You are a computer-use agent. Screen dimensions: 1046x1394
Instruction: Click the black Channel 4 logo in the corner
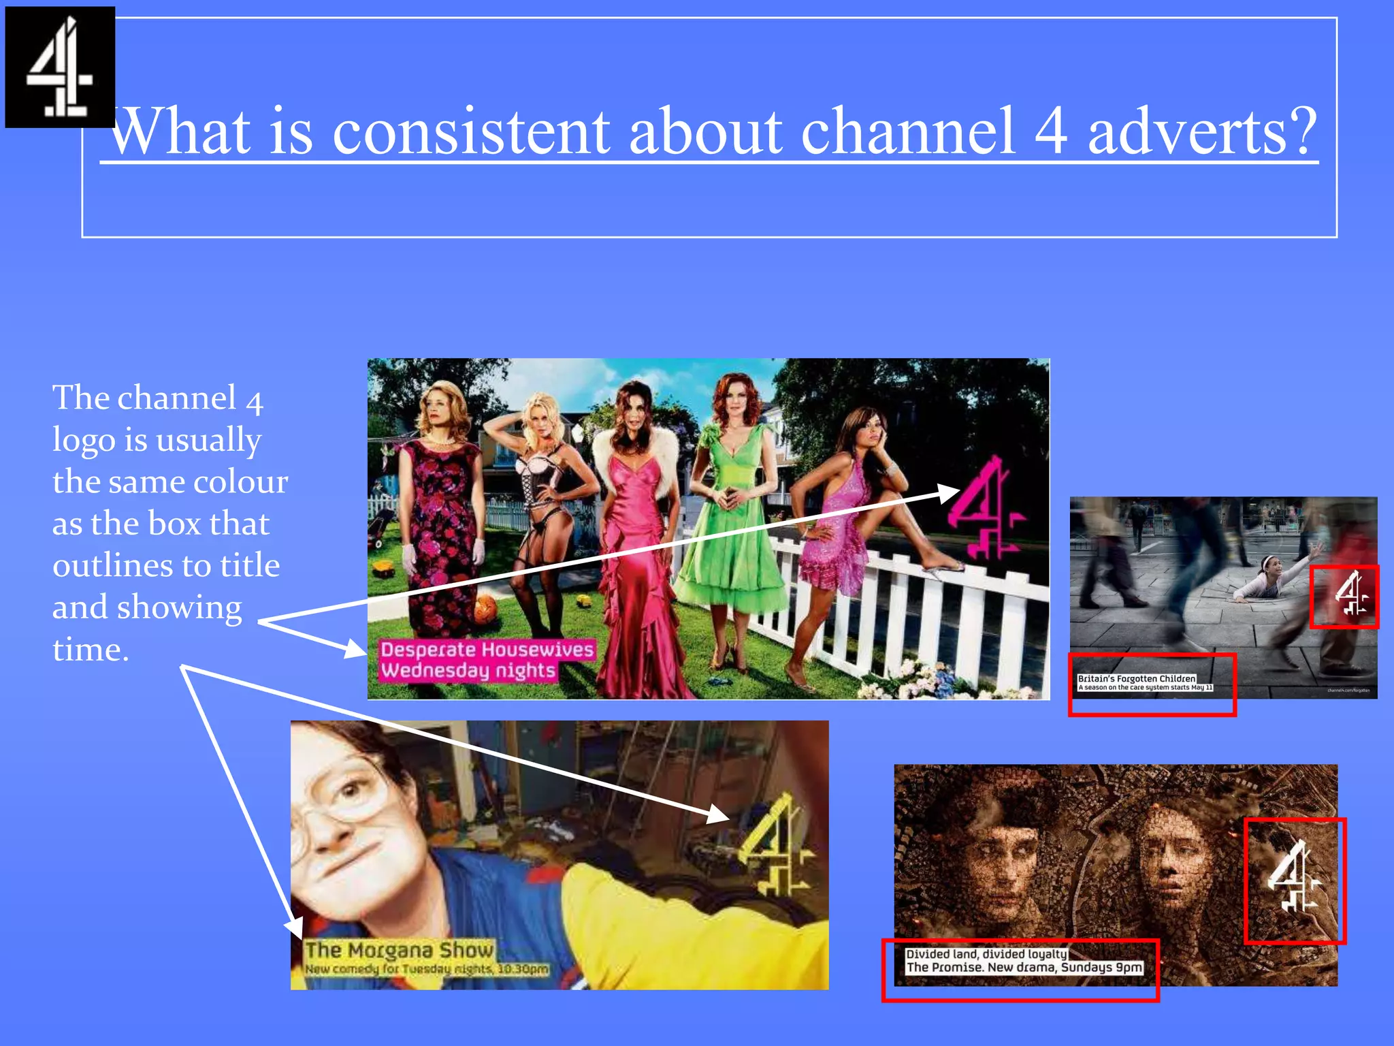pos(60,67)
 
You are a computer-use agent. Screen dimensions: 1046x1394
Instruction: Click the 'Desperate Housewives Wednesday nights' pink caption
pos(486,659)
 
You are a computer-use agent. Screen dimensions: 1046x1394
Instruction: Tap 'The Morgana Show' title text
pos(399,949)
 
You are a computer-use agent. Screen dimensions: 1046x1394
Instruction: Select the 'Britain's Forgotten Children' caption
pos(1137,678)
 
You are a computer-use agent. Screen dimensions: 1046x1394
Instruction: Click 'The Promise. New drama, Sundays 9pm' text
pos(1024,967)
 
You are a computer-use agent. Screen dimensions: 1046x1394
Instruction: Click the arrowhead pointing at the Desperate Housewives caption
pos(355,648)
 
